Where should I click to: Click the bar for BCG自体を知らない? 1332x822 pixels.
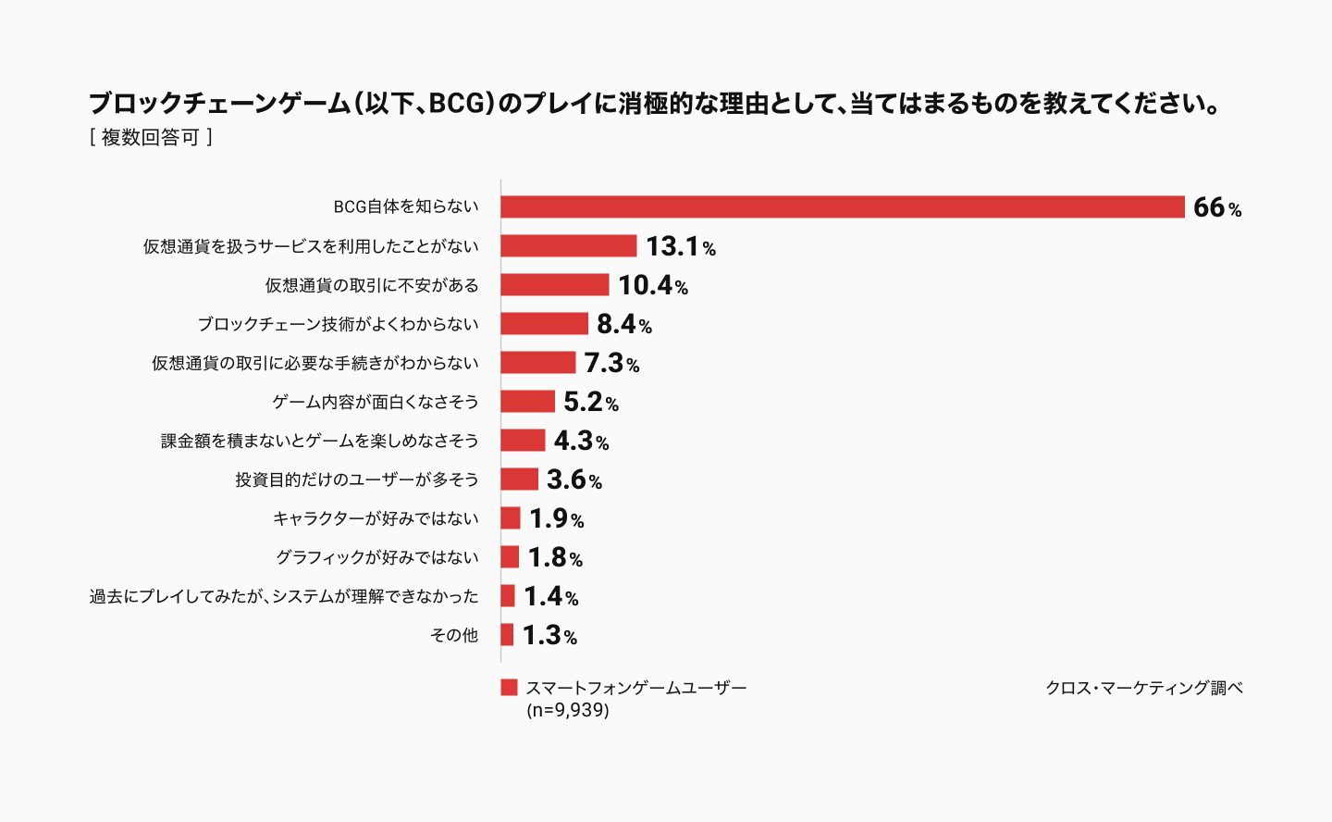pyautogui.click(x=842, y=207)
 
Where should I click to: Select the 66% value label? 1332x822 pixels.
pyautogui.click(x=1216, y=207)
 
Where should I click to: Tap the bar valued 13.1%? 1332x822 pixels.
pyautogui.click(x=569, y=246)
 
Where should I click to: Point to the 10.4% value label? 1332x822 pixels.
pyautogui.click(x=652, y=285)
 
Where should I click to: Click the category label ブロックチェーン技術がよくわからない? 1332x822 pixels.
pyautogui.click(x=338, y=324)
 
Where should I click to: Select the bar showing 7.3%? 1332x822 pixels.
pyautogui.click(x=538, y=363)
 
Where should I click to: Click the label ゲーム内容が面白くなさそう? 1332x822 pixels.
pyautogui.click(x=375, y=402)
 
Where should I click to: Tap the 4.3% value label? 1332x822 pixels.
pyautogui.click(x=581, y=441)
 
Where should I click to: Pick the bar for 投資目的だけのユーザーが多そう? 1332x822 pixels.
pyautogui.click(x=519, y=479)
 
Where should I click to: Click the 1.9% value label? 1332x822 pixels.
pyautogui.click(x=556, y=518)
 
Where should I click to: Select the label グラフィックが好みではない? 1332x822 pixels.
pyautogui.click(x=376, y=557)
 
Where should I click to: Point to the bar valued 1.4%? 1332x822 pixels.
pyautogui.click(x=508, y=596)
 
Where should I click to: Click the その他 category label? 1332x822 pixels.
pyautogui.click(x=454, y=635)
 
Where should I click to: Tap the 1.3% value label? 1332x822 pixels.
pyautogui.click(x=549, y=635)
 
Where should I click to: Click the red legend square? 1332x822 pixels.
pyautogui.click(x=509, y=687)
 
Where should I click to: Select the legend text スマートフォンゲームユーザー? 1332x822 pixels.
pyautogui.click(x=635, y=688)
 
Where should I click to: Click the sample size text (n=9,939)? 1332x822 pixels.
pyautogui.click(x=567, y=710)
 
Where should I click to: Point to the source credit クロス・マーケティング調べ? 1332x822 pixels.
pyautogui.click(x=1143, y=688)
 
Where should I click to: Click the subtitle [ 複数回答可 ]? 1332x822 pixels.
pyautogui.click(x=151, y=137)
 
